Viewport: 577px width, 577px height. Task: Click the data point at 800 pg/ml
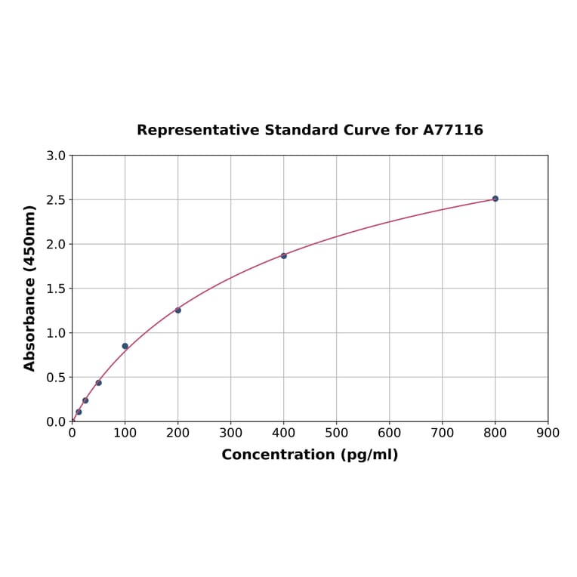coord(495,199)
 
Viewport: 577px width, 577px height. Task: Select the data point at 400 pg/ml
coord(284,256)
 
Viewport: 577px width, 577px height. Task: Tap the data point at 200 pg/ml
coord(178,310)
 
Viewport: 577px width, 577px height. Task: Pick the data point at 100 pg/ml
coord(125,346)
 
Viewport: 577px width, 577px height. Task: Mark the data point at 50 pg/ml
coord(99,383)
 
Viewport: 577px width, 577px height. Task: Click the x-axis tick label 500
coord(337,433)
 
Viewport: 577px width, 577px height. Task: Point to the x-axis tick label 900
coord(548,433)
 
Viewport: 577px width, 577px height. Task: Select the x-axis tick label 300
coord(231,433)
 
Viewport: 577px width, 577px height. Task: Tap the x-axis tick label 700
coord(443,433)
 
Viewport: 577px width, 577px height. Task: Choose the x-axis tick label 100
coord(125,433)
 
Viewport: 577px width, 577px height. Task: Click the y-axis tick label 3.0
coord(56,156)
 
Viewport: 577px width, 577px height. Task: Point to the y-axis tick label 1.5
coord(56,288)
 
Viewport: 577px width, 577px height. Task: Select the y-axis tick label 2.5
coord(56,200)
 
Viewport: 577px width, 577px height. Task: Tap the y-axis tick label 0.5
coord(56,377)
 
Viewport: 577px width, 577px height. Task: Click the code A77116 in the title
coord(453,130)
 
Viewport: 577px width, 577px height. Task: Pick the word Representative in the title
coord(199,130)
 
